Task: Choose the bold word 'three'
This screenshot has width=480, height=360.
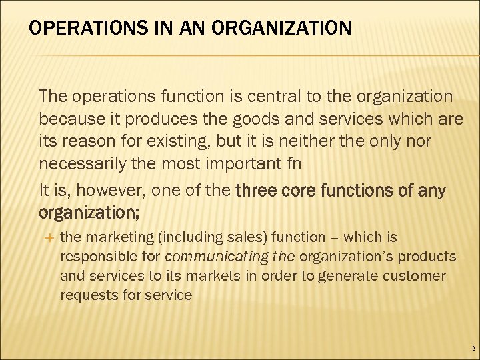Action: coord(259,191)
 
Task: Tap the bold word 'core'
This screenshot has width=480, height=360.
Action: coord(300,191)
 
